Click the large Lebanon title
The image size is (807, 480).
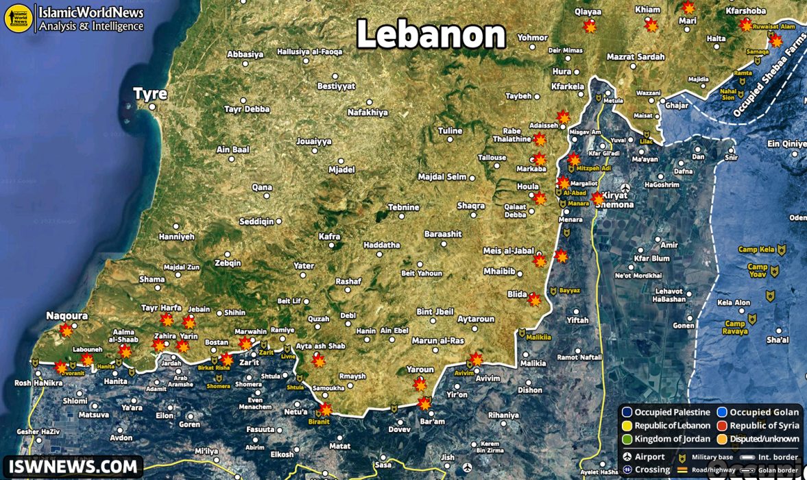tap(431, 34)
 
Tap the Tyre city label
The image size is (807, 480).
tap(149, 94)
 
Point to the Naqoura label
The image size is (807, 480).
tap(67, 316)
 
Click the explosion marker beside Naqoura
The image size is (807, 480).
tap(66, 331)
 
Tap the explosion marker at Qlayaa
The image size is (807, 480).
tap(590, 27)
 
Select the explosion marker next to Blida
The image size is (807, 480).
tap(534, 300)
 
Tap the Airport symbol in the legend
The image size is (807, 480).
tap(626, 457)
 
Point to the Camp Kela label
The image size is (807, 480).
tap(756, 250)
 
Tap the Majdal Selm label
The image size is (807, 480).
tap(442, 177)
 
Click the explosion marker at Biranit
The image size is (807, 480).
tap(326, 410)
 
